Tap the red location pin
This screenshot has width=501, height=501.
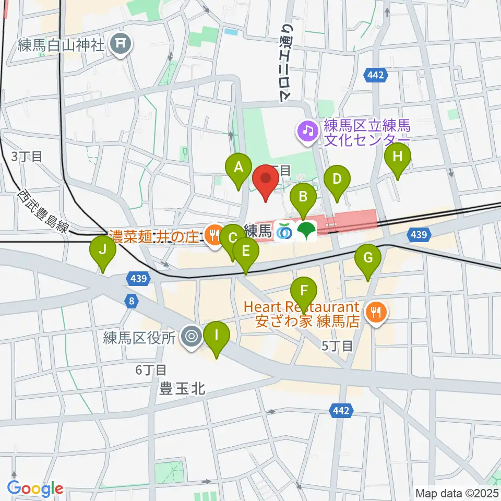[x=266, y=181]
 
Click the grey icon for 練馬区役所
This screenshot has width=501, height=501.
[x=192, y=337]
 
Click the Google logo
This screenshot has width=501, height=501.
[x=35, y=489]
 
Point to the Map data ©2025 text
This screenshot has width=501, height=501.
[x=457, y=493]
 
